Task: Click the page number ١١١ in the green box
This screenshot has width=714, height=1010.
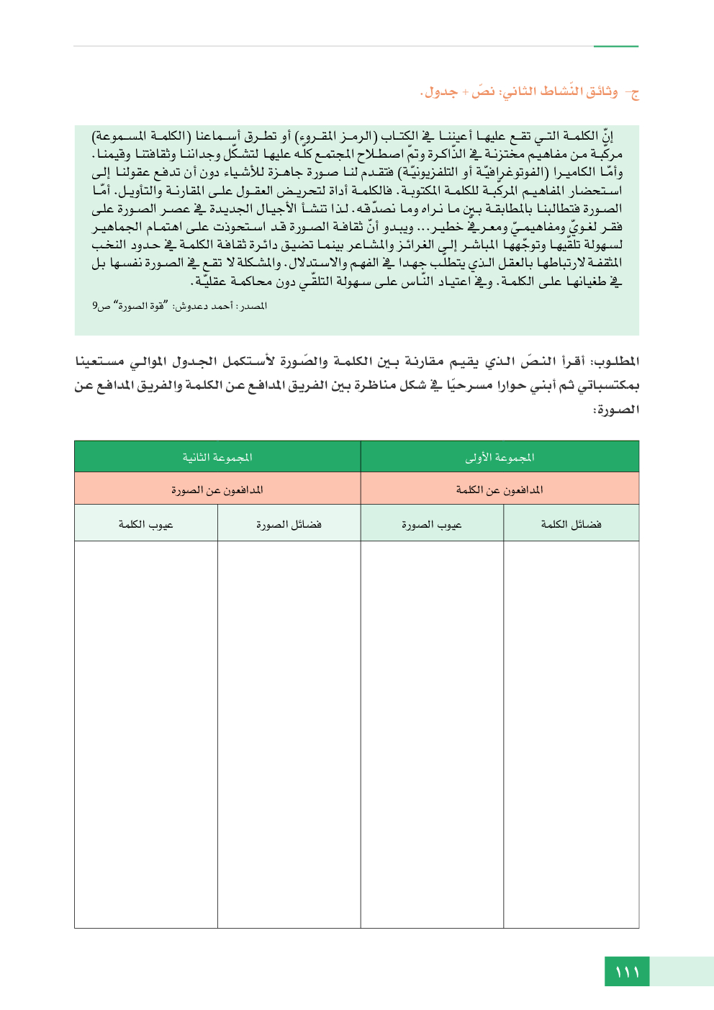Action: tap(627, 972)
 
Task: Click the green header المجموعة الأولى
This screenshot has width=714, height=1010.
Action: tap(500, 457)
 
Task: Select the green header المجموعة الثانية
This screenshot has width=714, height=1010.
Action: tap(217, 457)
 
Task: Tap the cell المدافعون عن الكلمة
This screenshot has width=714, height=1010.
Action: tap(500, 490)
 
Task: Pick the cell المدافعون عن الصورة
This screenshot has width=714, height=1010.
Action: tap(217, 490)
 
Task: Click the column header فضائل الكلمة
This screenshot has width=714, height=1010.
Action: tap(571, 524)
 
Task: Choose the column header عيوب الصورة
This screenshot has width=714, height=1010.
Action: tap(432, 525)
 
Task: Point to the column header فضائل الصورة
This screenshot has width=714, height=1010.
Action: tap(289, 525)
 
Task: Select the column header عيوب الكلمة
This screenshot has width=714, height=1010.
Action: tap(146, 525)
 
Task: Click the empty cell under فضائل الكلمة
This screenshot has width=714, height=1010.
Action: tap(571, 734)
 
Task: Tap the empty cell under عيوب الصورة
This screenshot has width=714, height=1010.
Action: tap(432, 734)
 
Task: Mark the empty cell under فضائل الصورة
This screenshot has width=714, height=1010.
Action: tap(289, 734)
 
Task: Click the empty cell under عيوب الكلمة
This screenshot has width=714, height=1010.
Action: tap(146, 734)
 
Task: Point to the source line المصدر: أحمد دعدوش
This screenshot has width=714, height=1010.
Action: tap(180, 306)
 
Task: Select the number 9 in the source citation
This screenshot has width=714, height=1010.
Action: tap(95, 306)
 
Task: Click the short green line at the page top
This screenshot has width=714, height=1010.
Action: tap(615, 47)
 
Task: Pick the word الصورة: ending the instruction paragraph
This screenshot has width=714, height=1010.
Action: tap(615, 410)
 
